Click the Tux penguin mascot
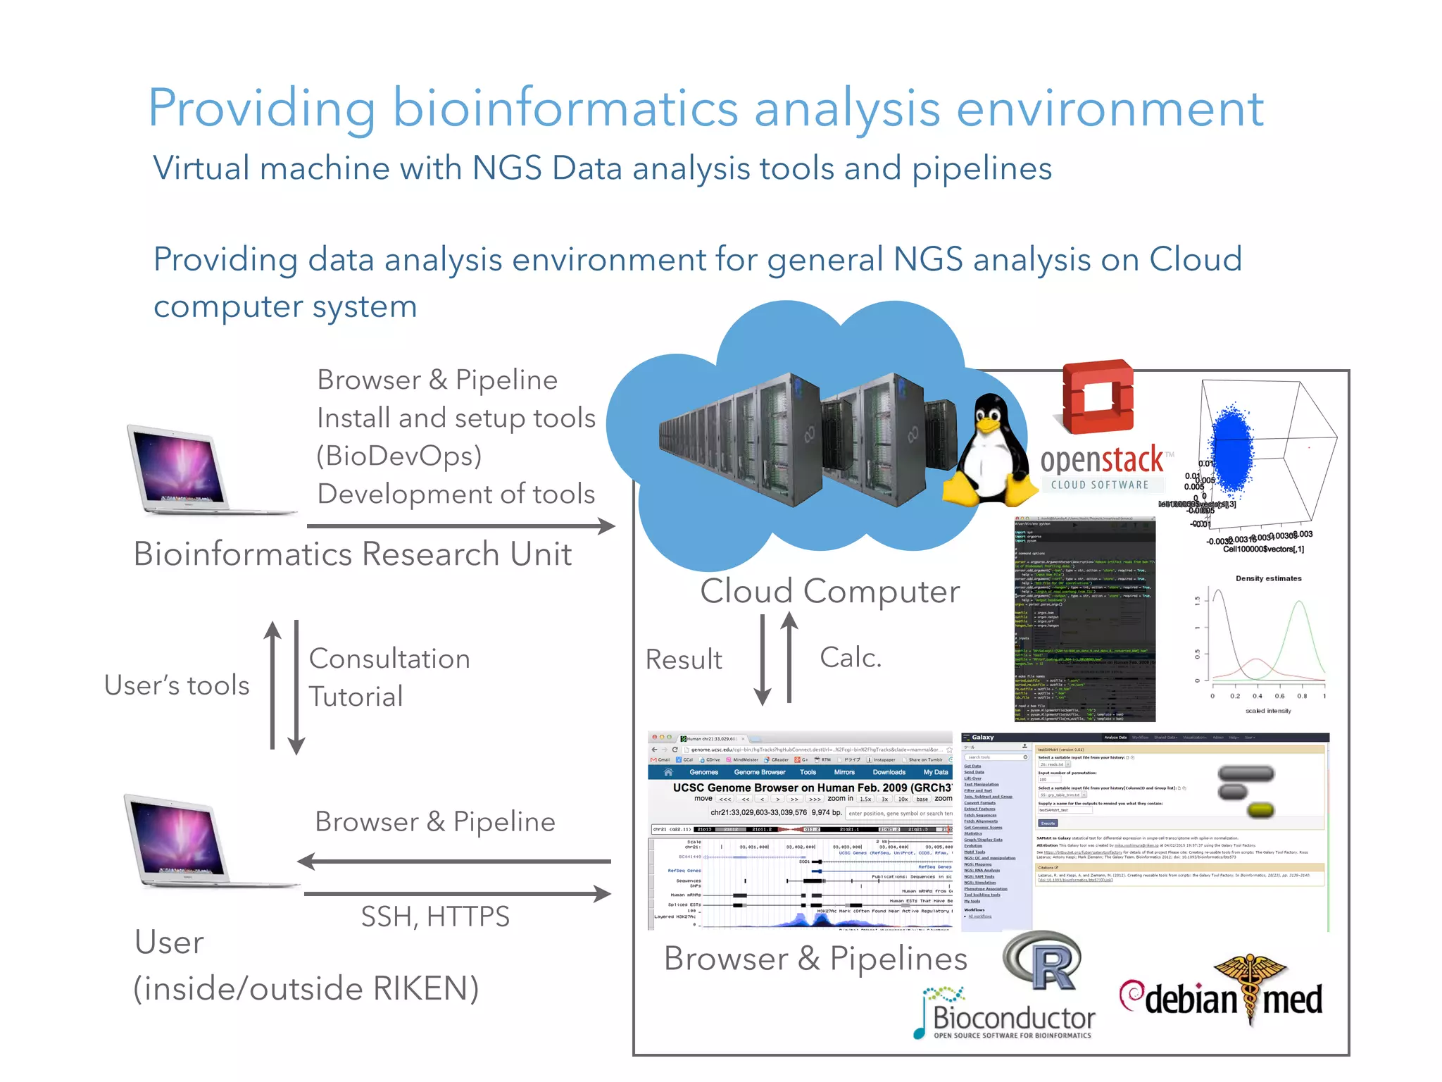[x=989, y=451]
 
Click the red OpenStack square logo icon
[x=1098, y=397]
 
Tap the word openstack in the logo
[x=1101, y=461]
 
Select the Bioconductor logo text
[x=1013, y=1019]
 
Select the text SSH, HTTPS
[x=435, y=916]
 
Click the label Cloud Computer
[x=829, y=591]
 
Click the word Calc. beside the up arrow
[x=851, y=657]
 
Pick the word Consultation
[x=389, y=659]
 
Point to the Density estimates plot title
[x=1268, y=578]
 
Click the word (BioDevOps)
[x=399, y=456]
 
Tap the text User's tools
[x=177, y=685]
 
